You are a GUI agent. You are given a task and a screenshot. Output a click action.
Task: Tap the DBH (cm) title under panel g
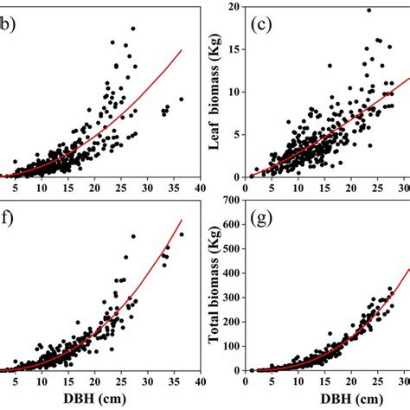(343, 399)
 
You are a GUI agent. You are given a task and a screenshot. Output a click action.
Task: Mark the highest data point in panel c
(368, 10)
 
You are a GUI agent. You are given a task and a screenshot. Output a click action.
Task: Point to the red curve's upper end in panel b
(182, 49)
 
